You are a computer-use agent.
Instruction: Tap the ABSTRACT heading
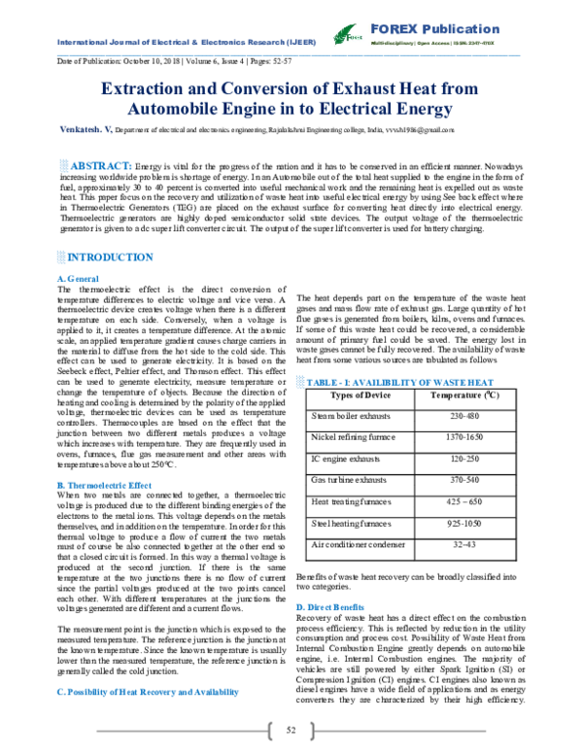tap(101, 166)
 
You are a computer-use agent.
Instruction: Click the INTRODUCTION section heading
tap(102, 257)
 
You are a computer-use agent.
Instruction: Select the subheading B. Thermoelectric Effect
tap(104, 484)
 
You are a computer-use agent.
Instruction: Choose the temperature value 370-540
tap(470, 480)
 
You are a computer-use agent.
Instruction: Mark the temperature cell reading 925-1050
tap(470, 524)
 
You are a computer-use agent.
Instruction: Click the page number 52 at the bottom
tap(291, 731)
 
